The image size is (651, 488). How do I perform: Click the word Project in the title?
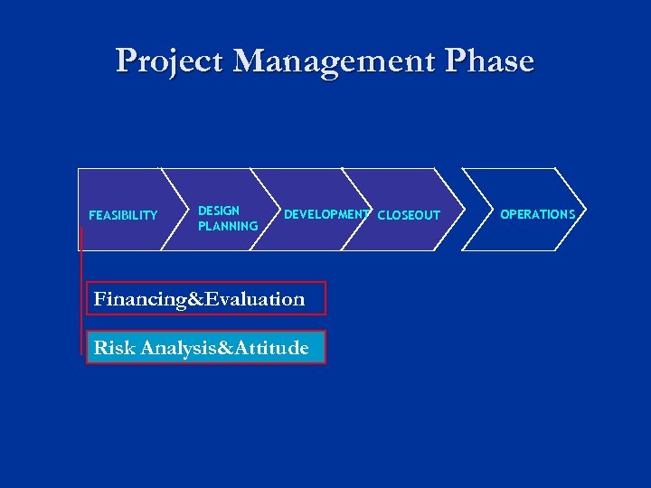coord(170,61)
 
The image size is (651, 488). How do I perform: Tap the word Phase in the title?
coord(489,61)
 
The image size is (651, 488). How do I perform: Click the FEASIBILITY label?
coord(123,215)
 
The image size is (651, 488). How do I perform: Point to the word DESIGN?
coord(219,211)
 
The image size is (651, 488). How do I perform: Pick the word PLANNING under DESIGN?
coord(228,226)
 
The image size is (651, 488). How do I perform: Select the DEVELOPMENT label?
coord(325,215)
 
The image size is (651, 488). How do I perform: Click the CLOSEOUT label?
coord(409,215)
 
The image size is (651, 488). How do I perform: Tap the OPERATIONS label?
coord(538,214)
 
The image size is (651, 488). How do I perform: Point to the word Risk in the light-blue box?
coord(112,347)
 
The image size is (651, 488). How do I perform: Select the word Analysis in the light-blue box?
coord(172,347)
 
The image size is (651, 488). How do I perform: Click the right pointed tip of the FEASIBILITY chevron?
coord(187,210)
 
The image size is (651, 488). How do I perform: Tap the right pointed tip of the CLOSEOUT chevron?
coord(483,210)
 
